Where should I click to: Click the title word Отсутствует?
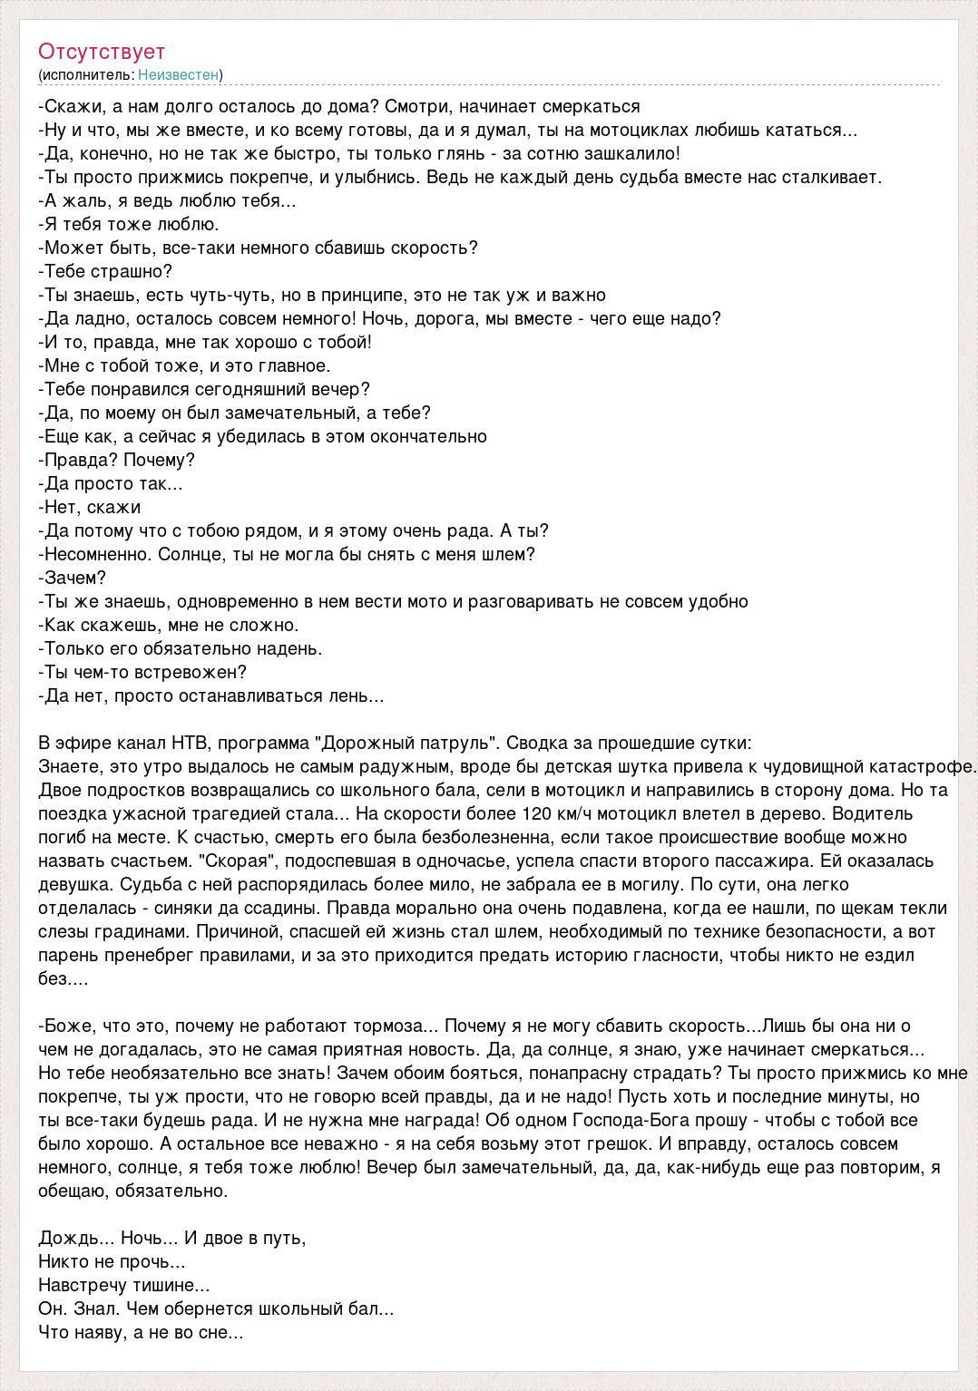102,52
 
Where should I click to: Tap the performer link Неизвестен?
180,75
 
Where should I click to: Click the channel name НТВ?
190,743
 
